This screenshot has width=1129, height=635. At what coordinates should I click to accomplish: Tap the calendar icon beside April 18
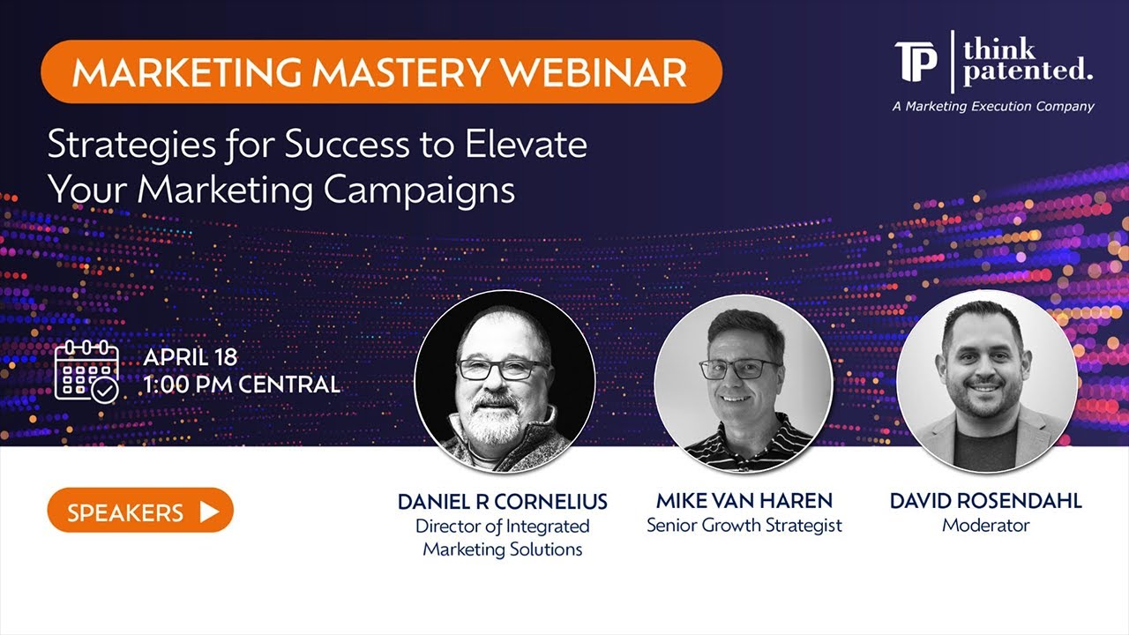tap(86, 370)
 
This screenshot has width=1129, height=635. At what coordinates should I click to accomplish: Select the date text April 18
tap(191, 358)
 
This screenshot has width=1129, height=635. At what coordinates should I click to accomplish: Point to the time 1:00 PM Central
tap(242, 385)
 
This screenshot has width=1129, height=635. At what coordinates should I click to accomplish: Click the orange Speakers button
tap(139, 512)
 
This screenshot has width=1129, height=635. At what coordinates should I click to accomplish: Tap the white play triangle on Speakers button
tap(209, 512)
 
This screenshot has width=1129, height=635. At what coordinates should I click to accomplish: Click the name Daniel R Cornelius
tap(503, 502)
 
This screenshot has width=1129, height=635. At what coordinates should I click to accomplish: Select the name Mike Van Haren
tap(744, 501)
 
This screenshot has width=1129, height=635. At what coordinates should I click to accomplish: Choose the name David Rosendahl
tap(985, 501)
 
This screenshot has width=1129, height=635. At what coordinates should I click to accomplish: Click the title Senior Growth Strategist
tap(744, 526)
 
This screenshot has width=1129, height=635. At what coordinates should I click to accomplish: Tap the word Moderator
tap(985, 526)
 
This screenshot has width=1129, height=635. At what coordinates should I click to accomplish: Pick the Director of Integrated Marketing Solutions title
tap(503, 538)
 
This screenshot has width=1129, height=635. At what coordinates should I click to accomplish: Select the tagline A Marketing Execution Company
tap(993, 107)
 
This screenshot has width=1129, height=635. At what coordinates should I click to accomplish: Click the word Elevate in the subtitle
tap(535, 146)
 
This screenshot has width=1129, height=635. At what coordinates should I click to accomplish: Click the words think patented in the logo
tap(1027, 62)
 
